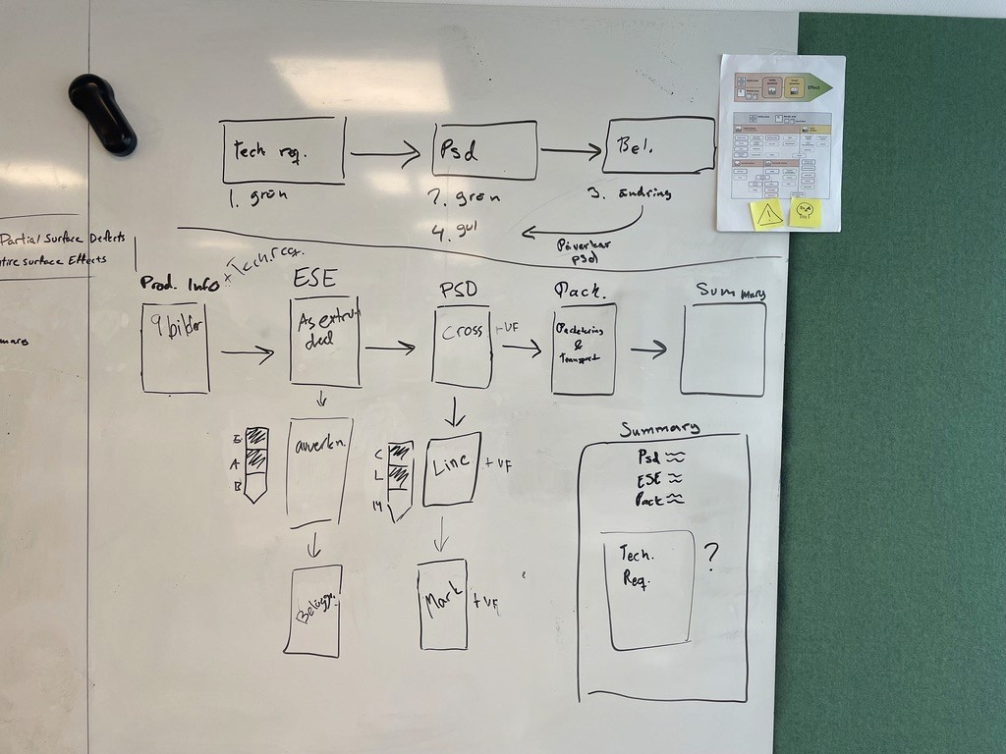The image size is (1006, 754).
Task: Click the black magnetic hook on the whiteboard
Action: pyautogui.click(x=102, y=113)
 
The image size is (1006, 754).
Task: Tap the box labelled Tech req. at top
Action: pyautogui.click(x=283, y=150)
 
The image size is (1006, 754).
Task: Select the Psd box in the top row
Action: pyautogui.click(x=485, y=150)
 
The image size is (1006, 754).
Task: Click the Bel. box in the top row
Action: pyautogui.click(x=659, y=145)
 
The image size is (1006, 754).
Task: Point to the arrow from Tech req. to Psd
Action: pyautogui.click(x=385, y=153)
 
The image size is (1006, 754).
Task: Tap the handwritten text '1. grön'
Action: pyautogui.click(x=258, y=194)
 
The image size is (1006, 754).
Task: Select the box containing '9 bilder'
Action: pyautogui.click(x=175, y=348)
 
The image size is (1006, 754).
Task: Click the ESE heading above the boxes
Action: pyautogui.click(x=314, y=279)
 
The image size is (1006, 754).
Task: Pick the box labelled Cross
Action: pyautogui.click(x=462, y=347)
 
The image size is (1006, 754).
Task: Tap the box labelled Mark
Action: pyautogui.click(x=442, y=605)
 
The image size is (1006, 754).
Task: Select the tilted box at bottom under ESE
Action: pyautogui.click(x=313, y=610)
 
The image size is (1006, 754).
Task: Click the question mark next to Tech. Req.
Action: pyautogui.click(x=711, y=557)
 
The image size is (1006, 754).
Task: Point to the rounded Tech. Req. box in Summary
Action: pyautogui.click(x=647, y=589)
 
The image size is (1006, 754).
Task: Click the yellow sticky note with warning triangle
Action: pyautogui.click(x=767, y=214)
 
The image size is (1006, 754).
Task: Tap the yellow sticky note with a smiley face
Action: pyautogui.click(x=805, y=212)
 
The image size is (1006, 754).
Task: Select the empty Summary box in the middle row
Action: pyautogui.click(x=723, y=349)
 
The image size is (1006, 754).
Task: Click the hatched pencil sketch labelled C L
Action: pyautogui.click(x=400, y=480)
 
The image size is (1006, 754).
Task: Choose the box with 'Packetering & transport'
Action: pyautogui.click(x=584, y=349)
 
